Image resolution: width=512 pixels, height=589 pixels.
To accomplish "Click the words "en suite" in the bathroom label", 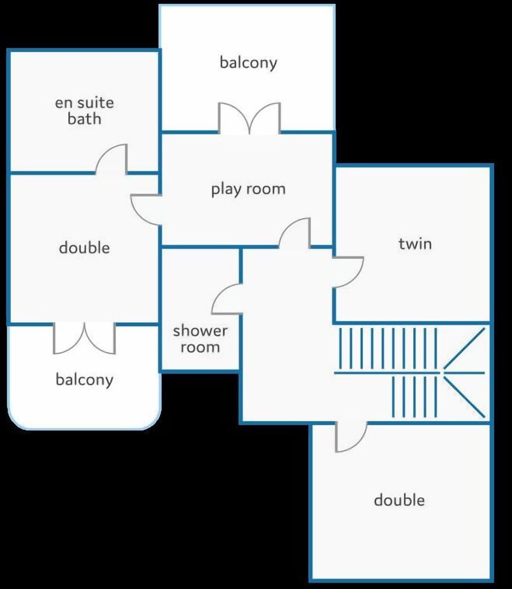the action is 84,102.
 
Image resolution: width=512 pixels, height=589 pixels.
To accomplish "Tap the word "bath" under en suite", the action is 84,118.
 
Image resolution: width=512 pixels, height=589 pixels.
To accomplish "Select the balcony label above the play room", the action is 249,63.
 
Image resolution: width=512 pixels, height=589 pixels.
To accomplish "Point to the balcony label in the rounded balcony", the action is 84,380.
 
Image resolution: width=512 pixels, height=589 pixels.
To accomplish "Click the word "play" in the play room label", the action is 226,189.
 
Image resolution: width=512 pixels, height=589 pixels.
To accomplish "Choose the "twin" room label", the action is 415,244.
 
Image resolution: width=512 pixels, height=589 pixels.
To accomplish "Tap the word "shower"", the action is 200,331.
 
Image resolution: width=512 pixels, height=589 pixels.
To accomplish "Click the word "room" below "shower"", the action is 200,347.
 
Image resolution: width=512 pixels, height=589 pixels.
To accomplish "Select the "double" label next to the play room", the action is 84,248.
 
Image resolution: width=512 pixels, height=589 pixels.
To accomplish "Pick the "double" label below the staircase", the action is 399,500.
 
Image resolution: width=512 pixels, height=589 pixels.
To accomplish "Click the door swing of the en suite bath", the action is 111,160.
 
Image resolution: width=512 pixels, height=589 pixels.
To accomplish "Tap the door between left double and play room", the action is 147,210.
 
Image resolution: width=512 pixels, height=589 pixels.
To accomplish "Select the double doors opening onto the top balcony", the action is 250,118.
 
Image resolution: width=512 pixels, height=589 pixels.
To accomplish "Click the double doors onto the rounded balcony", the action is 84,338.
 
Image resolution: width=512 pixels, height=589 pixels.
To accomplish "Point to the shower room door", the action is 227,299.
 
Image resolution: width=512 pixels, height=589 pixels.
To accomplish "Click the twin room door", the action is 348,272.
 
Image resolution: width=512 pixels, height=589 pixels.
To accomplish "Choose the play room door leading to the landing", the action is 295,233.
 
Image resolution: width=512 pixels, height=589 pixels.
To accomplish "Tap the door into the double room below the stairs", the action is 351,437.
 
